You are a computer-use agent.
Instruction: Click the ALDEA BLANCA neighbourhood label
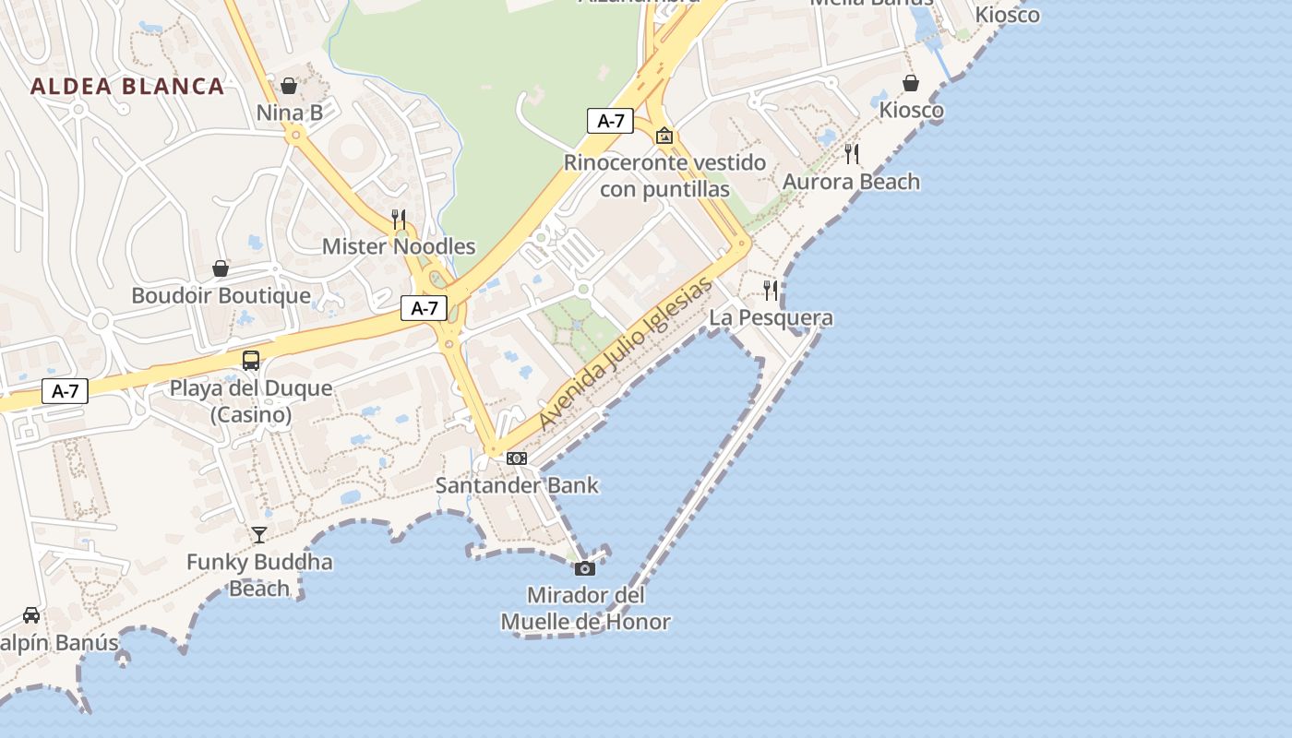click(x=127, y=87)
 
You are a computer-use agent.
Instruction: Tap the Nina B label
click(x=290, y=113)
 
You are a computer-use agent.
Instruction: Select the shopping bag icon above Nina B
click(x=289, y=86)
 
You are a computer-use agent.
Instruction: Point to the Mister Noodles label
click(x=399, y=246)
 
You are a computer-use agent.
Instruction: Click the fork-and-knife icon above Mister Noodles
click(x=399, y=220)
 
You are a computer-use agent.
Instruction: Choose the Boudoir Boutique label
click(x=221, y=296)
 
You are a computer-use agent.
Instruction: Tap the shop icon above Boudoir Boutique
click(x=221, y=268)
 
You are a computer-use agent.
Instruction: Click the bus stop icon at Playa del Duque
click(x=251, y=361)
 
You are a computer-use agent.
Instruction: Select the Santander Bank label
click(x=517, y=485)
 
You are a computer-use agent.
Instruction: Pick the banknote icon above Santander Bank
click(x=517, y=458)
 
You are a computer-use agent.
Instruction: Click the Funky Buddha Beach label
click(x=259, y=575)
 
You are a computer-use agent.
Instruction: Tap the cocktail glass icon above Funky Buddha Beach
click(x=259, y=534)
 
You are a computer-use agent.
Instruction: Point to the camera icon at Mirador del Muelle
click(x=585, y=568)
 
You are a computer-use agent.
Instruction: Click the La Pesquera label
click(x=771, y=318)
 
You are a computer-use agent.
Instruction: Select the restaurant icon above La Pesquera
click(x=771, y=291)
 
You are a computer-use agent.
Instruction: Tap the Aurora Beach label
click(x=851, y=182)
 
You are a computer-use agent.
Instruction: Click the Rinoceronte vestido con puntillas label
click(x=664, y=176)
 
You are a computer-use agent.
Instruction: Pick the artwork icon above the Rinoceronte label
click(x=664, y=137)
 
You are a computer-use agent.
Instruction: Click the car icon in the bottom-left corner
click(x=31, y=615)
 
